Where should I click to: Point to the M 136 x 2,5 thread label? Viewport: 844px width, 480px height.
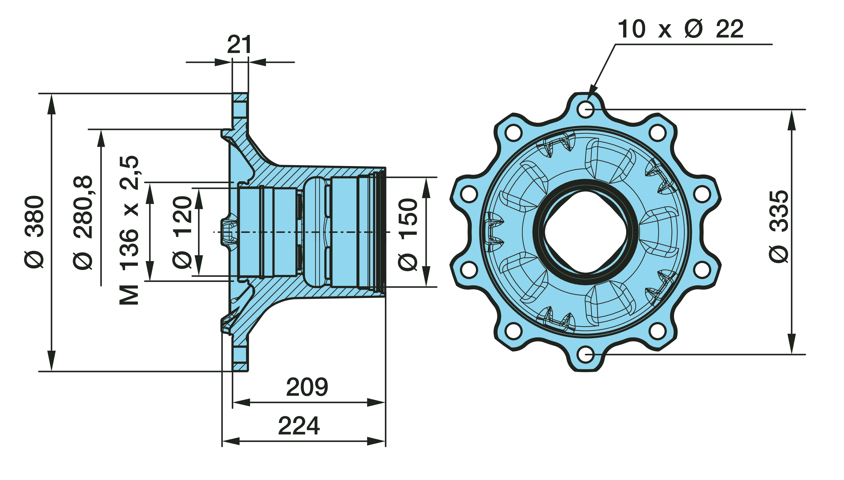tap(129, 230)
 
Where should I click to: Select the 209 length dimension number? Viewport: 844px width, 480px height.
tap(307, 387)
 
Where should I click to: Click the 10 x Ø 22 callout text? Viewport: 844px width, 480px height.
tap(680, 29)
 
